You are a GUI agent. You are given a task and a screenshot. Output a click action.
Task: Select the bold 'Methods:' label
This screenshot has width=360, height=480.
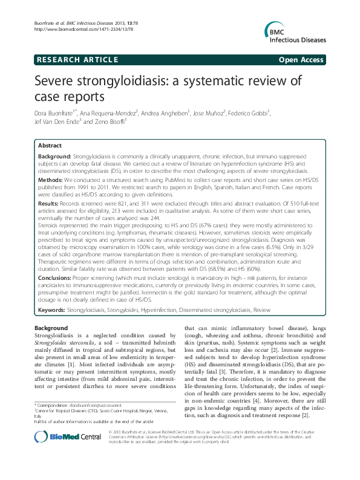tap(50, 180)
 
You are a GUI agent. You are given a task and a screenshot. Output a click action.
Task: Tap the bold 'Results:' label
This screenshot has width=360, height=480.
tap(49, 205)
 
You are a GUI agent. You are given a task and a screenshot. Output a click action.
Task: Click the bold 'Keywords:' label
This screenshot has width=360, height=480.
tap(52, 310)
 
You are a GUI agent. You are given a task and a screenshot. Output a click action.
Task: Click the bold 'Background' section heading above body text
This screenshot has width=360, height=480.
tap(51, 328)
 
